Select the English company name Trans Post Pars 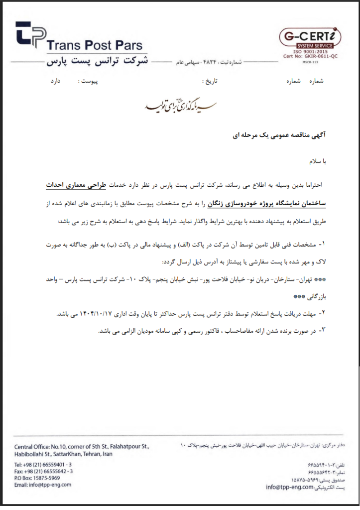[x=94, y=46]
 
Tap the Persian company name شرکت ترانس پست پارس [x=97, y=63]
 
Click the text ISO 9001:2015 [x=310, y=52]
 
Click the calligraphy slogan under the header [x=180, y=106]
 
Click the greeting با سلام [x=315, y=162]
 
